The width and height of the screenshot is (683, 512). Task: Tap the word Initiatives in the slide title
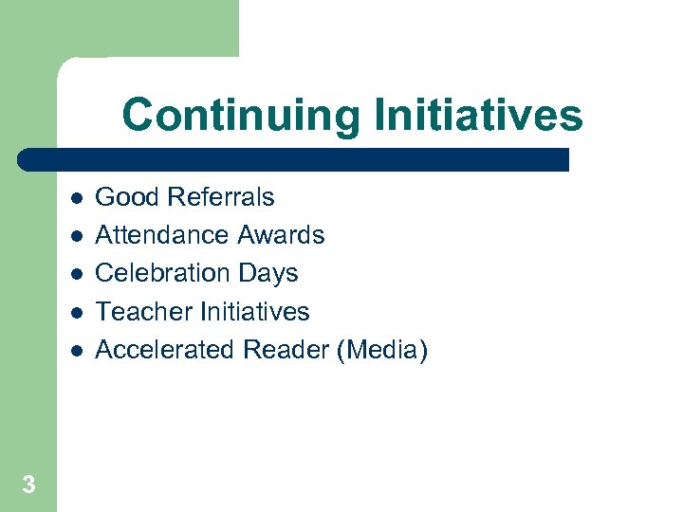pyautogui.click(x=478, y=116)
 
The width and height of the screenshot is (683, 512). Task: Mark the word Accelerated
pyautogui.click(x=166, y=350)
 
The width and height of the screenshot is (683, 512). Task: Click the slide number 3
pyautogui.click(x=28, y=485)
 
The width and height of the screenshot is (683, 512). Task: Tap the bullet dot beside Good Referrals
pyautogui.click(x=76, y=198)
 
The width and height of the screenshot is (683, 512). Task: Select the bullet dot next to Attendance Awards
pyautogui.click(x=76, y=236)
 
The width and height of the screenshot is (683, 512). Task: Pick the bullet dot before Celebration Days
pyautogui.click(x=76, y=274)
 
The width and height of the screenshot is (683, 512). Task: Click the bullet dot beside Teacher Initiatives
pyautogui.click(x=76, y=312)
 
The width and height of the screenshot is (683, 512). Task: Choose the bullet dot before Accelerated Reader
pyautogui.click(x=76, y=351)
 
